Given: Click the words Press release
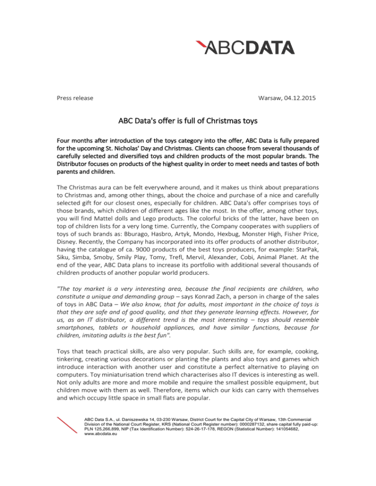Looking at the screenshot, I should click(x=74, y=98).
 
